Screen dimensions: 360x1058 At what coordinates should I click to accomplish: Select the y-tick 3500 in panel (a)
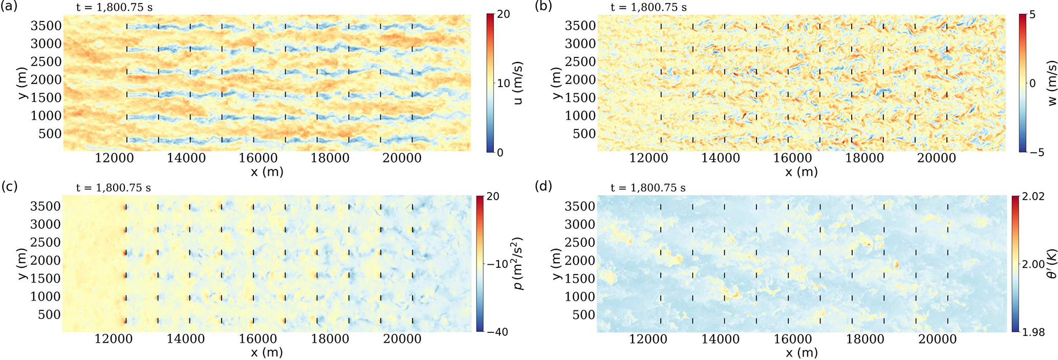(46, 26)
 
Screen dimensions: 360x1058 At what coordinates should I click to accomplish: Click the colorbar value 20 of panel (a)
(504, 14)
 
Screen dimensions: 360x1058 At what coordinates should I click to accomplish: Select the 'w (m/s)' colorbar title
(1052, 83)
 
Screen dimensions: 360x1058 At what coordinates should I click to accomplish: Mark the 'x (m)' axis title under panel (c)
(267, 353)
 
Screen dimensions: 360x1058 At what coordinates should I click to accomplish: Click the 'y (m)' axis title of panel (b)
(556, 83)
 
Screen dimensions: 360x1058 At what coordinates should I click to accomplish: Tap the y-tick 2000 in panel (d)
(580, 260)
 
